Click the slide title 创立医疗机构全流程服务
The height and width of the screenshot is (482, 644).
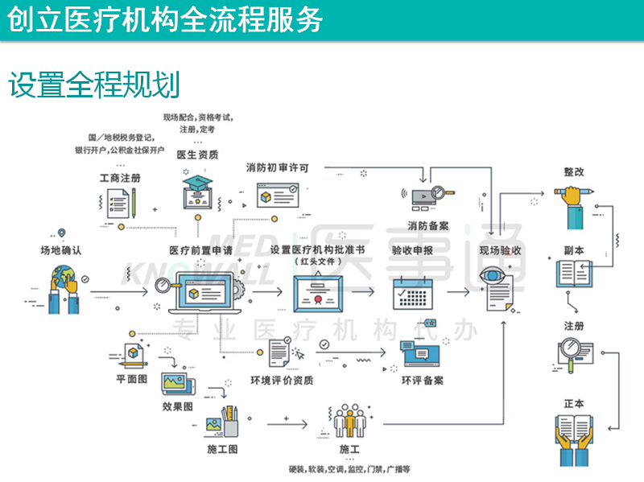pos(165,19)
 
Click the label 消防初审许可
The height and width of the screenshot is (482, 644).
pos(278,167)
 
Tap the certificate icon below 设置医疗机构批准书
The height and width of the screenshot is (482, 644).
pos(320,299)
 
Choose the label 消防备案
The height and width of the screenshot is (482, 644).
pos(428,226)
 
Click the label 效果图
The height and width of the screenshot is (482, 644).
pos(177,406)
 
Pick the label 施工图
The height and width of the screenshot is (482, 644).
pos(222,448)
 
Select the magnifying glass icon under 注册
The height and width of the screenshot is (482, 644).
pos(574,352)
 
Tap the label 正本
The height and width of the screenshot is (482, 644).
pos(574,403)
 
